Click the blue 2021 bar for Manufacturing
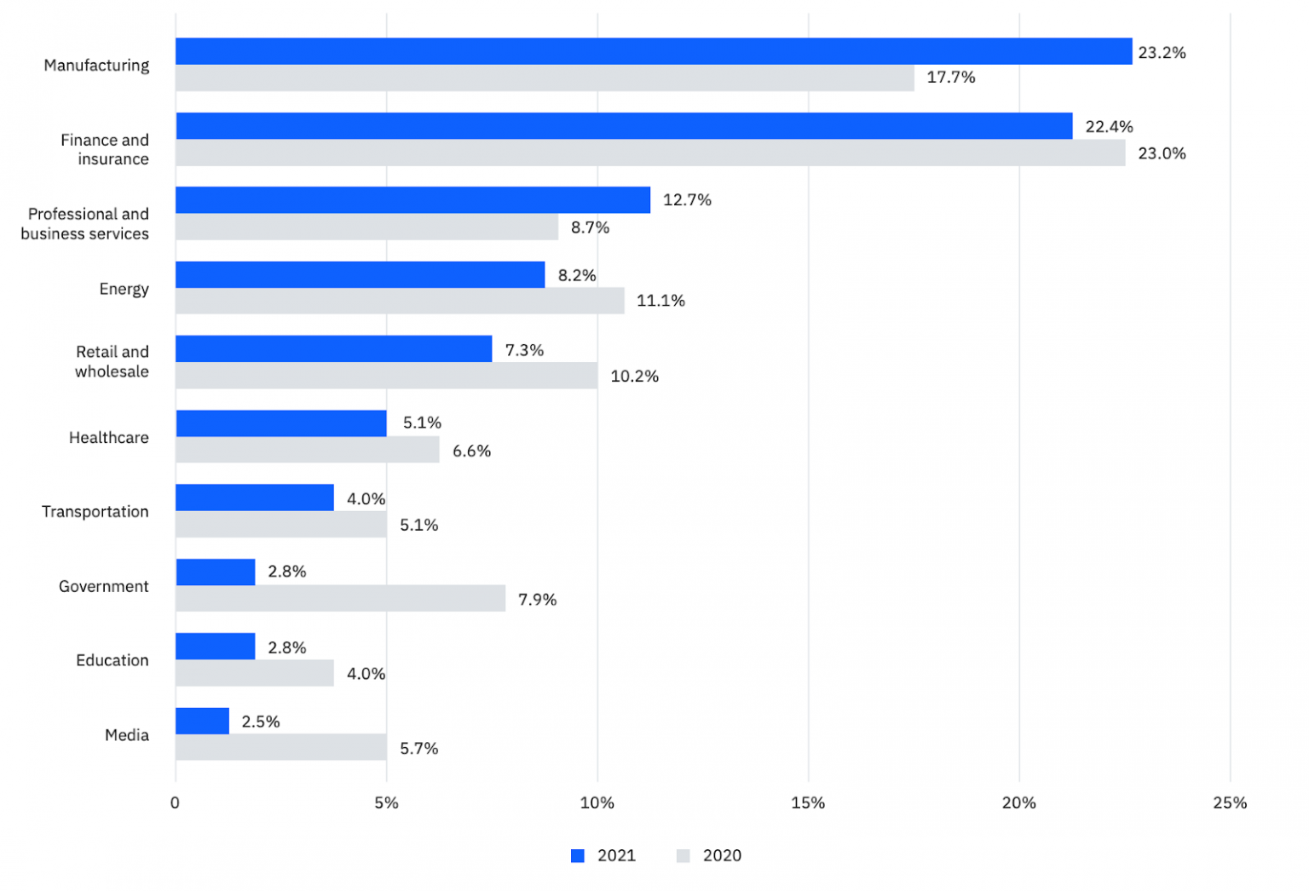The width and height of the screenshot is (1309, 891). point(654,51)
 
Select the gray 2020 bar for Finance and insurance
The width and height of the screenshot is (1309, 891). point(650,153)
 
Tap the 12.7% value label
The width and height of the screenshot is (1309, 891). point(687,200)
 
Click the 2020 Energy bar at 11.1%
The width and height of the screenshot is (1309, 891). point(400,301)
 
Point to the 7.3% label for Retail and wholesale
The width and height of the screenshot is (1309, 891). point(524,350)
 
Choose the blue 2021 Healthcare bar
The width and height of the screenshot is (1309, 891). point(281,423)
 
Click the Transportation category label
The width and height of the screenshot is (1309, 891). point(95,511)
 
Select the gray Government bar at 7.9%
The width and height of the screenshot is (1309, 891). point(340,599)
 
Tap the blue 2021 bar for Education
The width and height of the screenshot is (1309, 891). point(216,647)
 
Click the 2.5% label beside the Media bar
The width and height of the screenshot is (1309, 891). point(261,721)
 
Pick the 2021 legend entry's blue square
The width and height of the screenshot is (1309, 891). point(578,856)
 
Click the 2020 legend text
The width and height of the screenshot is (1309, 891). point(722,856)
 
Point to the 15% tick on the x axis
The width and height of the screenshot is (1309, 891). point(808,803)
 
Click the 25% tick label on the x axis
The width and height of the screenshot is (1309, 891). point(1230,803)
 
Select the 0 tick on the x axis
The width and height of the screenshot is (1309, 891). point(175,803)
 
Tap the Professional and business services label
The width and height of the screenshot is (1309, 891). point(85,224)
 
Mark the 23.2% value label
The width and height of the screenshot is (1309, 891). point(1162,53)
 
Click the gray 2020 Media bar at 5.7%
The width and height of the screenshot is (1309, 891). point(281,747)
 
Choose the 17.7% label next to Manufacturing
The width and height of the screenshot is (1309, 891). point(951,78)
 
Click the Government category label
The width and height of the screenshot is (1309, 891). point(104,586)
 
